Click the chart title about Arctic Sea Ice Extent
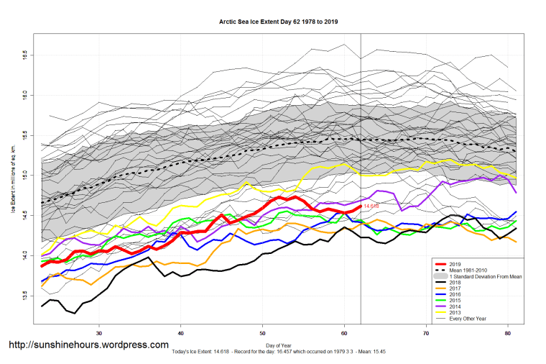click(278, 22)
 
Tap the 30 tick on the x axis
click(99, 333)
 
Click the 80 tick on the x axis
click(509, 333)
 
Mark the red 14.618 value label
click(371, 206)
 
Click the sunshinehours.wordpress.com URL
click(88, 345)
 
